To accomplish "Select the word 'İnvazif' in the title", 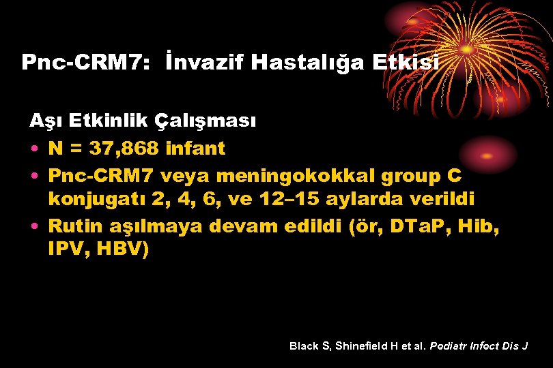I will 205,63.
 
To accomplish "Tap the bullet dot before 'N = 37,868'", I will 34,149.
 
